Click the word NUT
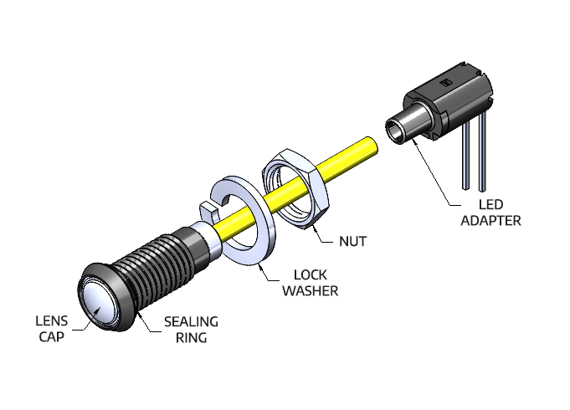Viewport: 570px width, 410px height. (352, 242)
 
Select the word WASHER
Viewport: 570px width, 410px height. (310, 290)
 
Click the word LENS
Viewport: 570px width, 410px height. (51, 320)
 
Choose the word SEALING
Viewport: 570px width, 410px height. (191, 321)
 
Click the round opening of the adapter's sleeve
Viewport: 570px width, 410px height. (393, 130)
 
